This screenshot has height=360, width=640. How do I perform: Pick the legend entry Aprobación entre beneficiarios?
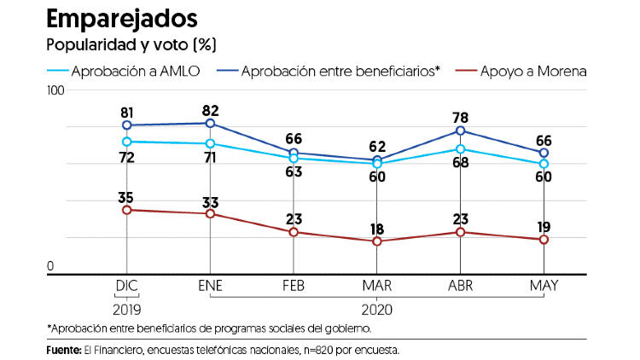click(x=340, y=72)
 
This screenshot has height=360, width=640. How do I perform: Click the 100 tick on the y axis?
click(x=56, y=90)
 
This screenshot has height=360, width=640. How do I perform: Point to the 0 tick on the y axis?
click(x=50, y=267)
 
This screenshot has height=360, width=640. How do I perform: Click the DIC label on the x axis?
click(x=126, y=285)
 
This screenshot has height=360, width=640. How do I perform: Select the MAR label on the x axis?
click(x=377, y=285)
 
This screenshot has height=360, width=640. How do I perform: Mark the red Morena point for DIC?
click(x=126, y=210)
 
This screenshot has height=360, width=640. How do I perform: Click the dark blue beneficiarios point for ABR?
click(x=460, y=131)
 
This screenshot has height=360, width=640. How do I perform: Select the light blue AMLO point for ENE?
click(x=210, y=143)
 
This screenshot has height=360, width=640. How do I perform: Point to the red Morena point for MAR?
click(x=377, y=241)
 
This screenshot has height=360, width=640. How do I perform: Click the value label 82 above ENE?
click(x=210, y=110)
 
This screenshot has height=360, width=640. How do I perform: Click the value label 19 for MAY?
click(x=544, y=226)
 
